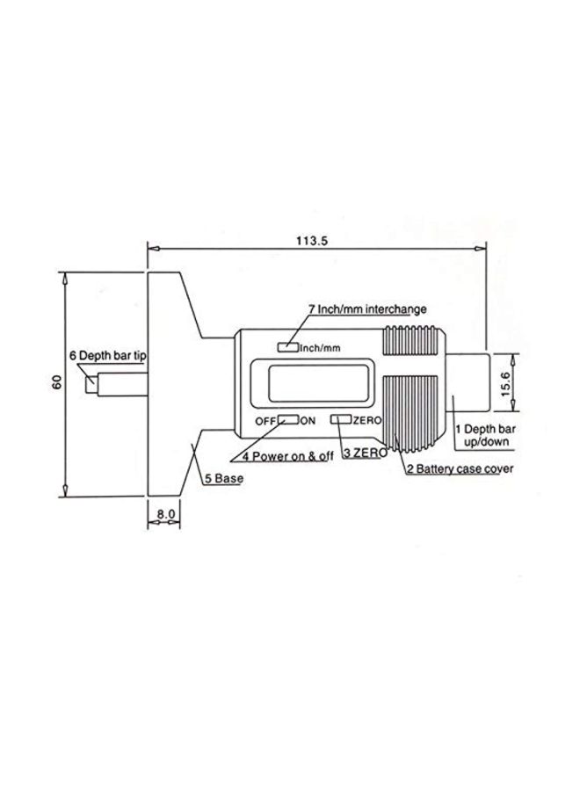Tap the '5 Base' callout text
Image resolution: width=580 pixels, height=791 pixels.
(x=223, y=479)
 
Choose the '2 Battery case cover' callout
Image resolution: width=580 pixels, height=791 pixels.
(x=459, y=469)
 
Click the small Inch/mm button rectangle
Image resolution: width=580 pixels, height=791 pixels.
(x=287, y=347)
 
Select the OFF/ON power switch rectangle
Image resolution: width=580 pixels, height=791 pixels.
(x=288, y=420)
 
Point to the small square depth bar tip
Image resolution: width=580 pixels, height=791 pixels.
(x=90, y=384)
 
